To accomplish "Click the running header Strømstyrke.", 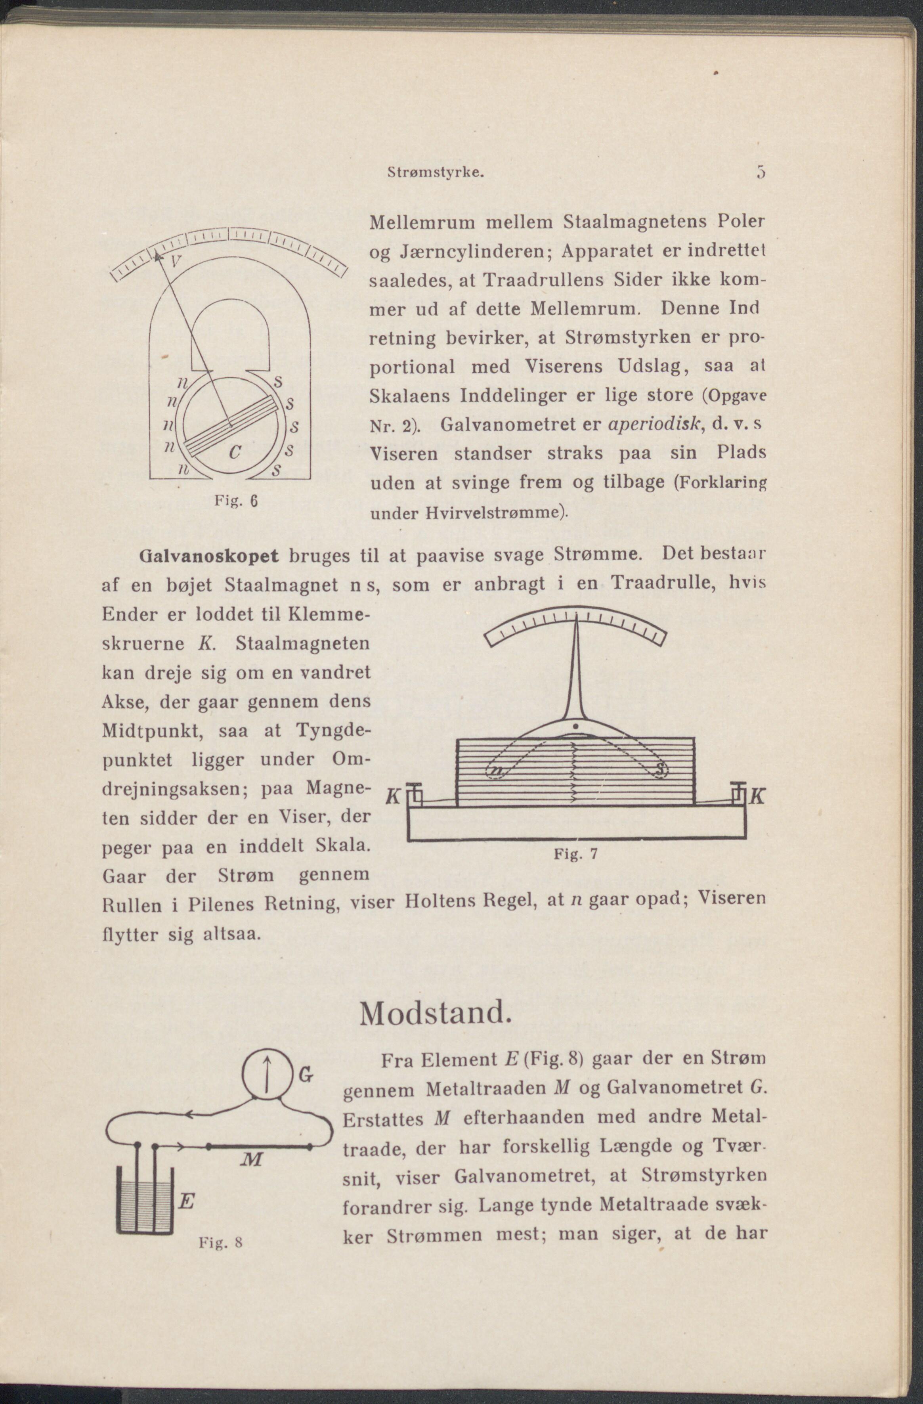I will [436, 174].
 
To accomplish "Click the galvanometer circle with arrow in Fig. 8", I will [267, 1075].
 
